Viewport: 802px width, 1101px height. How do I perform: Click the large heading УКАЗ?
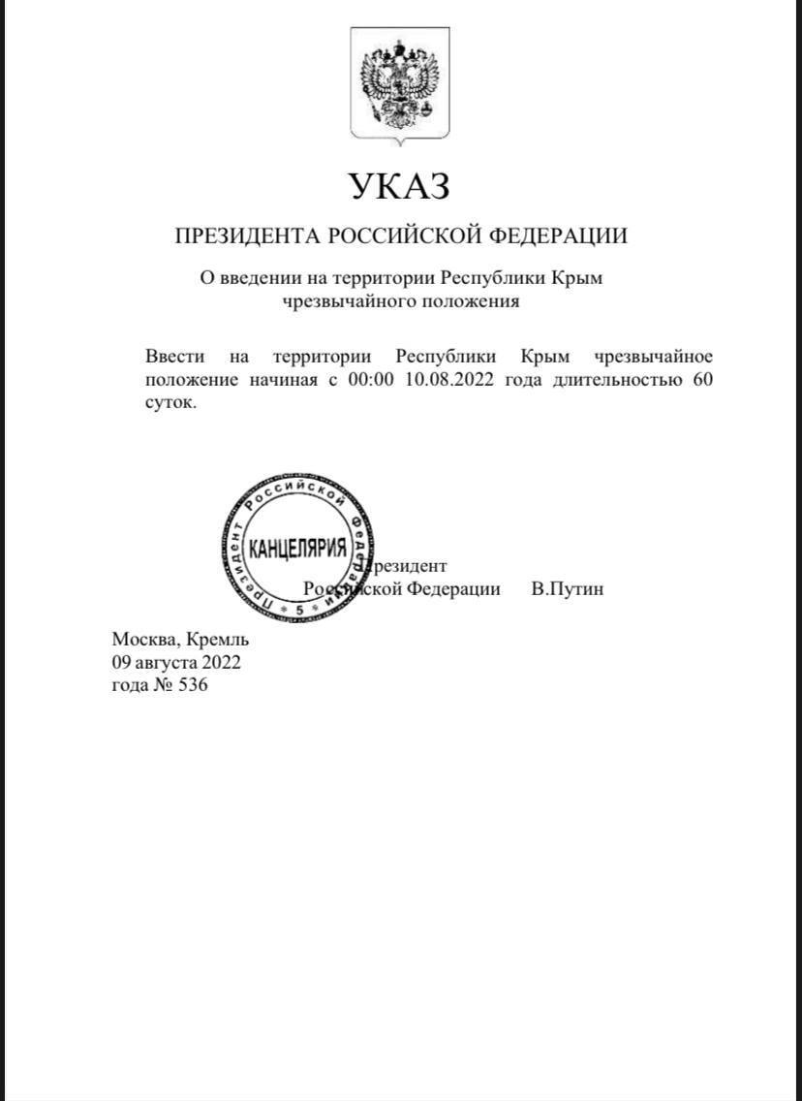pyautogui.click(x=400, y=185)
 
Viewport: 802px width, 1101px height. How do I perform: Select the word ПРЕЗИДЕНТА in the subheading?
pyautogui.click(x=246, y=236)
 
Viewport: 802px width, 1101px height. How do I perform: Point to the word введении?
pyautogui.click(x=252, y=278)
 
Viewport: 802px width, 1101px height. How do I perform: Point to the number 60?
pyautogui.click(x=702, y=380)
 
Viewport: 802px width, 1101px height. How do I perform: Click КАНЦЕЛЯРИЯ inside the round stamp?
pyautogui.click(x=297, y=549)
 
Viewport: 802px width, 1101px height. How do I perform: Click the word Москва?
pyautogui.click(x=143, y=639)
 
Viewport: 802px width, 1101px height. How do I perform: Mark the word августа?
pyautogui.click(x=168, y=663)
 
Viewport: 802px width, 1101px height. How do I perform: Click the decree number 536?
pyautogui.click(x=194, y=686)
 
